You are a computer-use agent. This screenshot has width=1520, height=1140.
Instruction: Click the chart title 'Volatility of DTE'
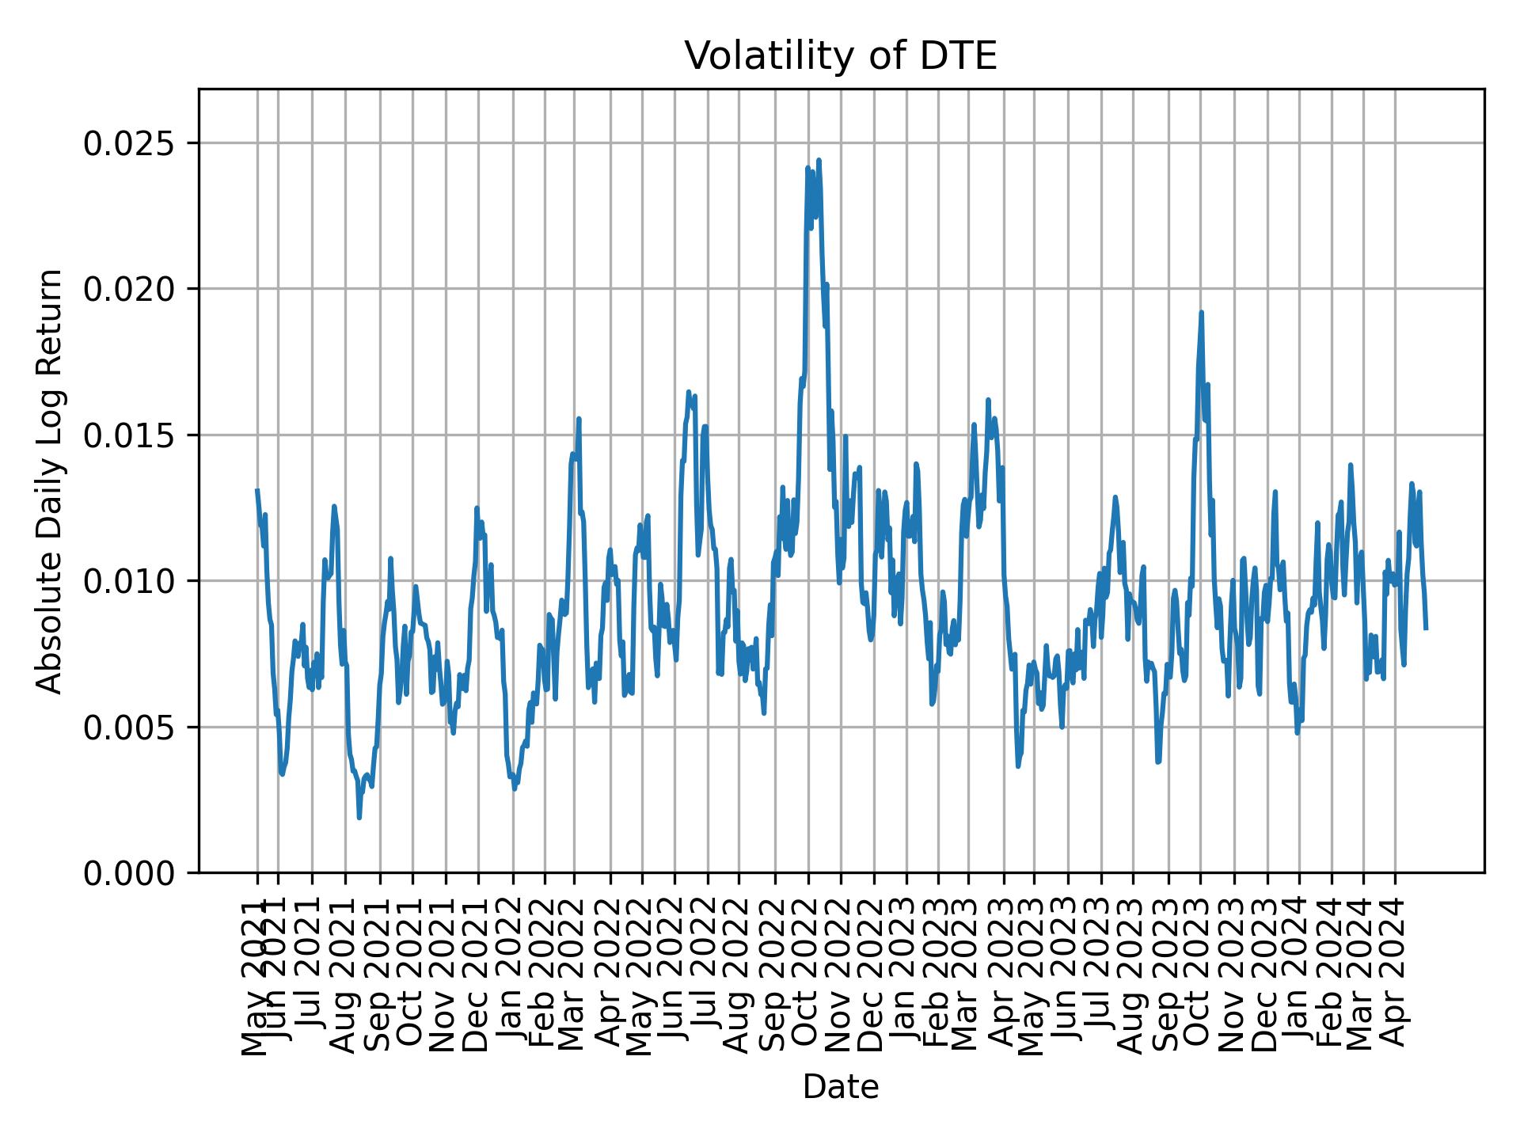[x=840, y=57]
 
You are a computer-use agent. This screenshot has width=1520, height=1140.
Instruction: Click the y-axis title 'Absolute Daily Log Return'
[x=51, y=481]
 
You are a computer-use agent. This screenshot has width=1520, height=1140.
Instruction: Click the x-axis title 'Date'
[x=840, y=1087]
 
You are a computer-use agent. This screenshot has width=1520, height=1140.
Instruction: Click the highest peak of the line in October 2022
[x=819, y=160]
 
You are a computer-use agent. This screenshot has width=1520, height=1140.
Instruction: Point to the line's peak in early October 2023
[x=1201, y=313]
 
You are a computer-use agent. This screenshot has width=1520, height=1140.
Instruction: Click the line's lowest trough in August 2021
[x=359, y=817]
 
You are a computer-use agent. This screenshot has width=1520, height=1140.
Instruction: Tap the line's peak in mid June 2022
[x=689, y=392]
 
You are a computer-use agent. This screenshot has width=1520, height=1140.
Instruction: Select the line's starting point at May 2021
[x=257, y=491]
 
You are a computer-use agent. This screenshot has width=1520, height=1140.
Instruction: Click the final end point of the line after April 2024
[x=1426, y=628]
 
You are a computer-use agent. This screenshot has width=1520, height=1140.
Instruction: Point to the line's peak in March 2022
[x=579, y=419]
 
